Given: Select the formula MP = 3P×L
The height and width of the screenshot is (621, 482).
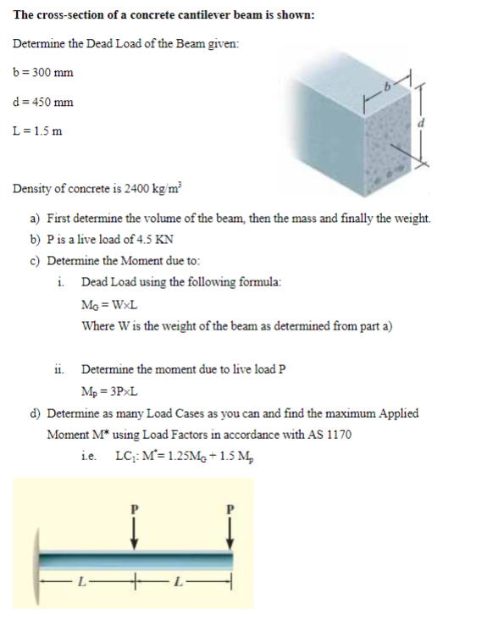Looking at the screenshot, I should (110, 391).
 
